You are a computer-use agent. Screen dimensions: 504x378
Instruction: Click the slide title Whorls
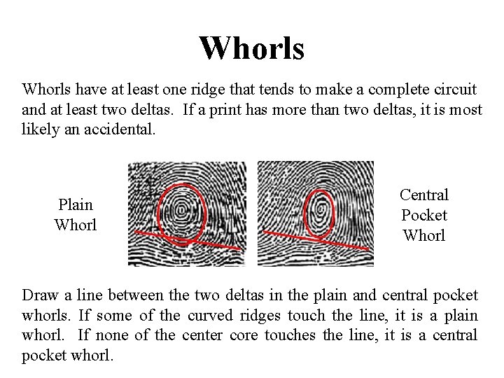[251, 48]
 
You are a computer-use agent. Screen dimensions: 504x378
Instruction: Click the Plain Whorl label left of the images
[75, 214]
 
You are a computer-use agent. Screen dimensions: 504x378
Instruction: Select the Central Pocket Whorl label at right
[424, 215]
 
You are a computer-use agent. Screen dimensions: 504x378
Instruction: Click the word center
[204, 335]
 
